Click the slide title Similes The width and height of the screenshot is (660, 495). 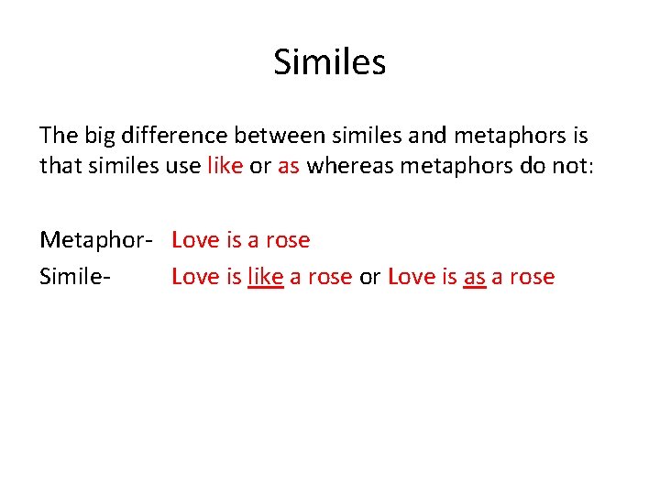click(330, 63)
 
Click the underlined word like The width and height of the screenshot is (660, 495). click(266, 277)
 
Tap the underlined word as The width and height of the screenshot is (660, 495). click(474, 277)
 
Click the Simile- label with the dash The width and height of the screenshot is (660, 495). click(75, 277)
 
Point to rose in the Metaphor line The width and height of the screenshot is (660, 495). click(288, 241)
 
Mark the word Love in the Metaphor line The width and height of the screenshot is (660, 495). click(195, 241)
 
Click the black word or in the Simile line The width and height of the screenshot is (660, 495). click(369, 277)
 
